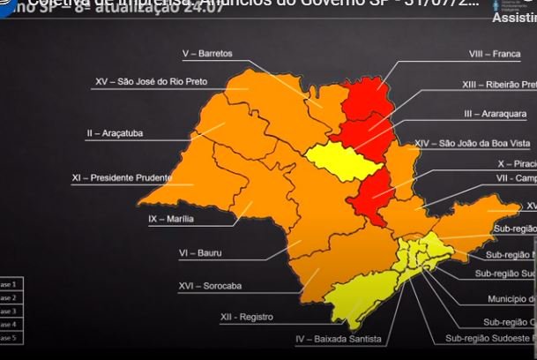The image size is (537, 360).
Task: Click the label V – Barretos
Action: tap(207, 54)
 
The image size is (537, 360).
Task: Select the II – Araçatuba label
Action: tap(115, 133)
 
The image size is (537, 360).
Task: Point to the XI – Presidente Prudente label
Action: tap(121, 178)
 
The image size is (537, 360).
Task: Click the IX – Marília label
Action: tap(171, 219)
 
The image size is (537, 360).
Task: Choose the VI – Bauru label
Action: tap(200, 253)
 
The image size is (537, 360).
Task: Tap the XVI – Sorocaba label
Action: tap(210, 286)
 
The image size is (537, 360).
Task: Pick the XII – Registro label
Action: tap(246, 317)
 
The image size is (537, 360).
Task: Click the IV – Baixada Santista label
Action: tap(339, 339)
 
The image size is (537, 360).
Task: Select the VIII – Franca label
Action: tap(494, 54)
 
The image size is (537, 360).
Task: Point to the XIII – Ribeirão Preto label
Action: tap(499, 85)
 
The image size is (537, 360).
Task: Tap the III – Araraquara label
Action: tap(495, 114)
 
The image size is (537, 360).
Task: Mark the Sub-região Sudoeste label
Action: tap(489, 338)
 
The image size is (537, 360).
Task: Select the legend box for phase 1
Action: tap(10, 284)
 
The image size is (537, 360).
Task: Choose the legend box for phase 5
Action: tap(10, 338)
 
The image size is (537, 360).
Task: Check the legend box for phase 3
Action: tap(10, 311)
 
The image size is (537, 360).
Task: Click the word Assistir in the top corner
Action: tap(513, 18)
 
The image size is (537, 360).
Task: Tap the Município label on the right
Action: tap(511, 299)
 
